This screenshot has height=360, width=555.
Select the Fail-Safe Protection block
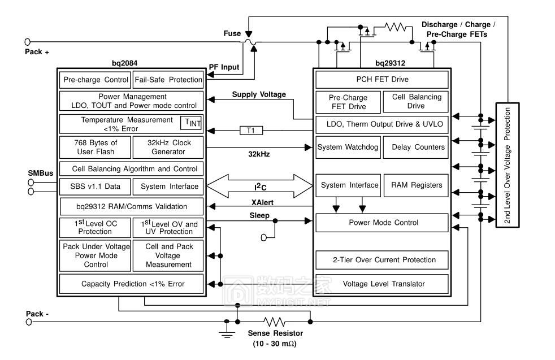point(168,80)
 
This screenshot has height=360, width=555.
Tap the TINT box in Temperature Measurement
point(190,123)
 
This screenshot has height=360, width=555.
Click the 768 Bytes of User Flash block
point(95,147)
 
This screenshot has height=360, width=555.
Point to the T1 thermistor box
point(251,131)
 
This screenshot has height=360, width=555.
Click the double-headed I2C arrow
point(259,186)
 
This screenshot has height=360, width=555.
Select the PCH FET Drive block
point(382,79)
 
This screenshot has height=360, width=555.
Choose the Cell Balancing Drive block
point(416,101)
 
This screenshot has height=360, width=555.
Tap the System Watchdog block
point(345,148)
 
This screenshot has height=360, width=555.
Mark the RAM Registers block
point(416,185)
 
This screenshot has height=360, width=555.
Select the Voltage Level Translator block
point(382,284)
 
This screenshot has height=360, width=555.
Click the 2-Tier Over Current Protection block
point(382,260)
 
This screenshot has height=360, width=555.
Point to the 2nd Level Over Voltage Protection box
point(507,165)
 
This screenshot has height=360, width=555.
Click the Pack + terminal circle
point(28,42)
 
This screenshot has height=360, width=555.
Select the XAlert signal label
point(263,202)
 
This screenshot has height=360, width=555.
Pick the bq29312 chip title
point(391,63)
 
